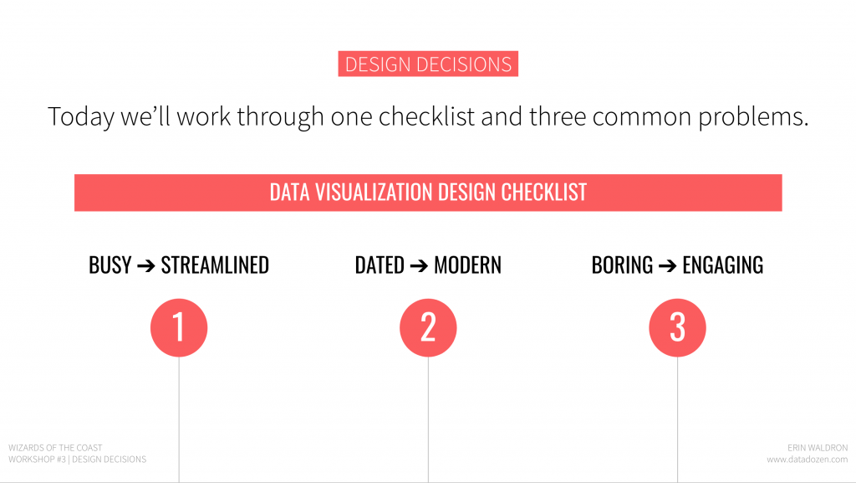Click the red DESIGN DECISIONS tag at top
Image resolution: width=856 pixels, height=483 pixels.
pos(428,64)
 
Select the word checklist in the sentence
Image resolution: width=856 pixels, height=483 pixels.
pos(427,116)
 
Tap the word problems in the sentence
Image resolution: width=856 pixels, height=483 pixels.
pos(753,117)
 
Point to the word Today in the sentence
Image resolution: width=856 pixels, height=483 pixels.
pos(81,117)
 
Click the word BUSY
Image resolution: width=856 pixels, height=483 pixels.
pos(110,265)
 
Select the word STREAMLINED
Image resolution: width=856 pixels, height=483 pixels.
pos(215,265)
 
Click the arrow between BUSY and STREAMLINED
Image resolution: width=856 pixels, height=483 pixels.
pos(146,266)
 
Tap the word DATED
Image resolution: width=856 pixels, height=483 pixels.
pos(380,265)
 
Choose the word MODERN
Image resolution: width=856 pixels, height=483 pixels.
pos(468,265)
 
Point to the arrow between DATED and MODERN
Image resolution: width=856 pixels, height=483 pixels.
pos(420,266)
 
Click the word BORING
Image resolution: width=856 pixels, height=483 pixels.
pos(622,265)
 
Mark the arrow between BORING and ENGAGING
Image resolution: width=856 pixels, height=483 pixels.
pos(668,266)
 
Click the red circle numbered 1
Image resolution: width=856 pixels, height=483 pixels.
pos(179,327)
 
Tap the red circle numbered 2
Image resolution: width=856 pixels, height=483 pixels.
pos(428,327)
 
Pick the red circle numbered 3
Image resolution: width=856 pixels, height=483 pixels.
pos(677,327)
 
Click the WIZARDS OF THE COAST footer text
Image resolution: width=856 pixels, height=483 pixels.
pos(56,448)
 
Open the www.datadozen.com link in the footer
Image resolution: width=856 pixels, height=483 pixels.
pos(808,460)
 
